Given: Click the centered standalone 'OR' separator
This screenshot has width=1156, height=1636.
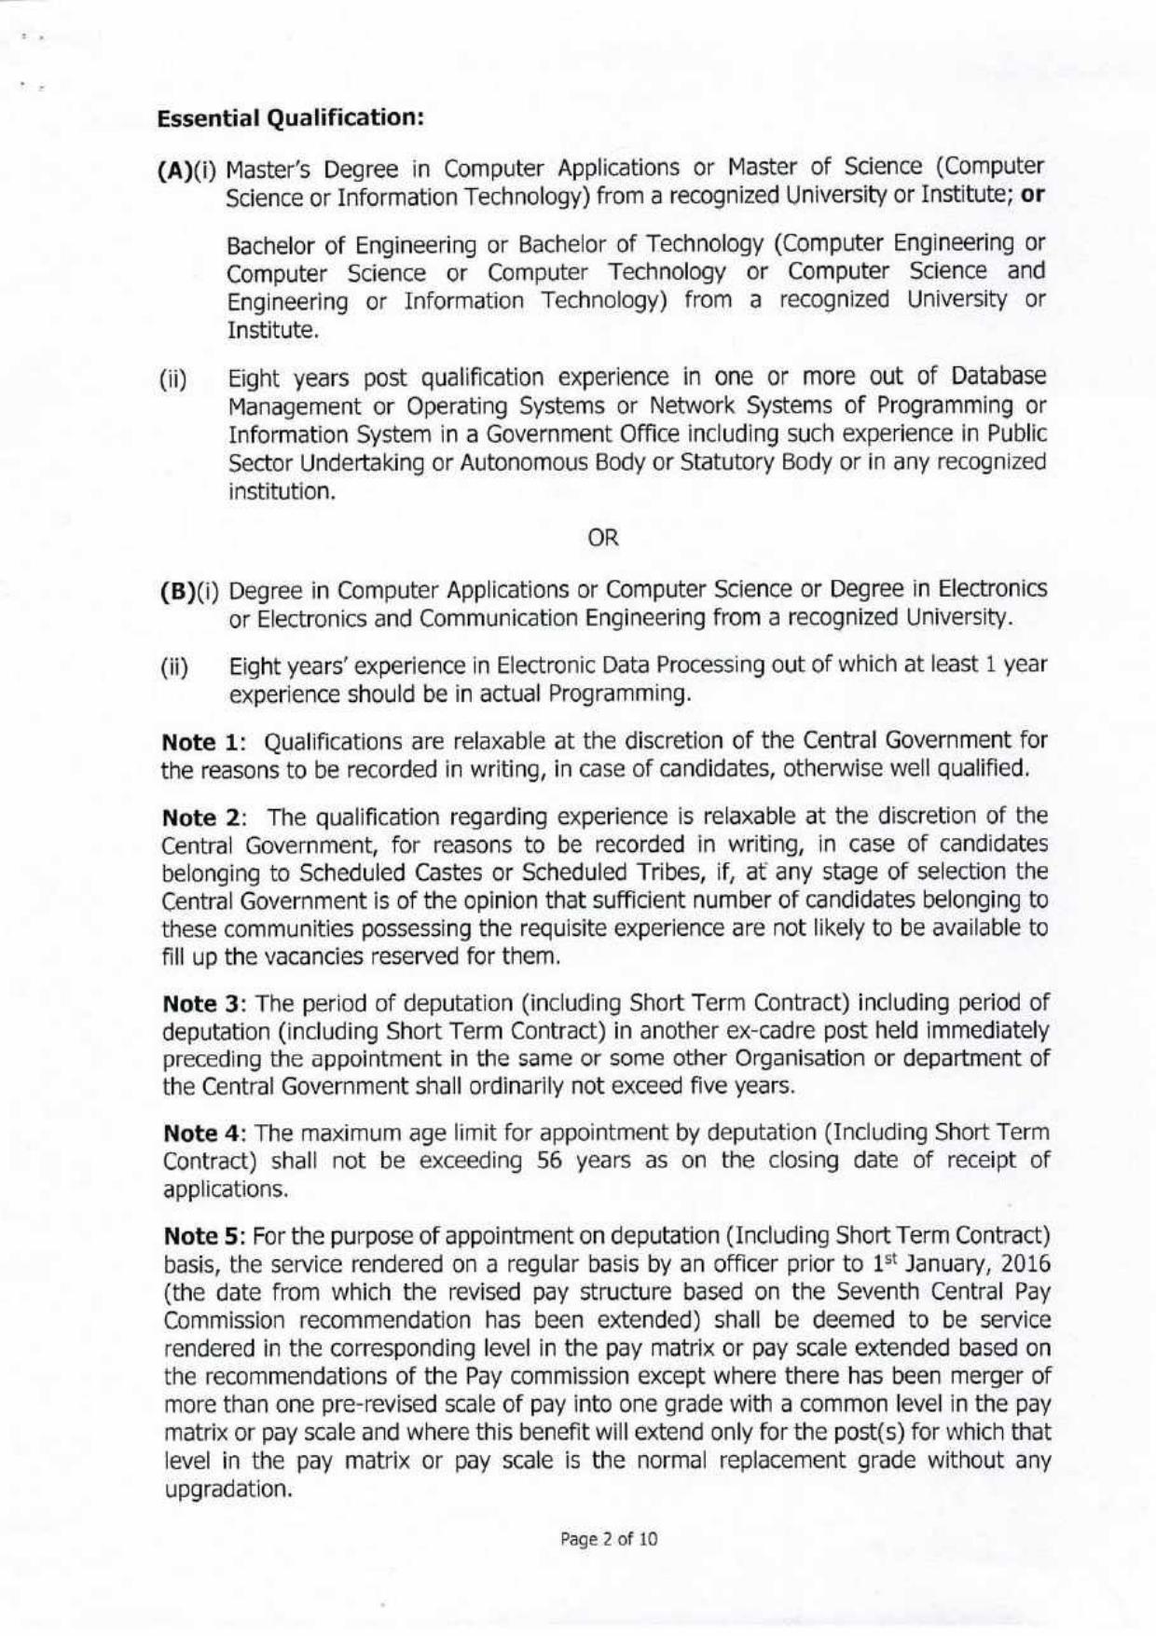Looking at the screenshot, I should point(604,538).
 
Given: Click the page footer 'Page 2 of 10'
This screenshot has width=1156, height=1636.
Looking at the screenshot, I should point(609,1539).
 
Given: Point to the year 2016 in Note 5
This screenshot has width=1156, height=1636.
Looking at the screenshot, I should point(1025,1264).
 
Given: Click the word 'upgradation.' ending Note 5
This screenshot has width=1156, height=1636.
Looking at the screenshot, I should point(224,1489).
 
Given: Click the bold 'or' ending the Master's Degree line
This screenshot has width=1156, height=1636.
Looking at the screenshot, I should point(1033,198).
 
